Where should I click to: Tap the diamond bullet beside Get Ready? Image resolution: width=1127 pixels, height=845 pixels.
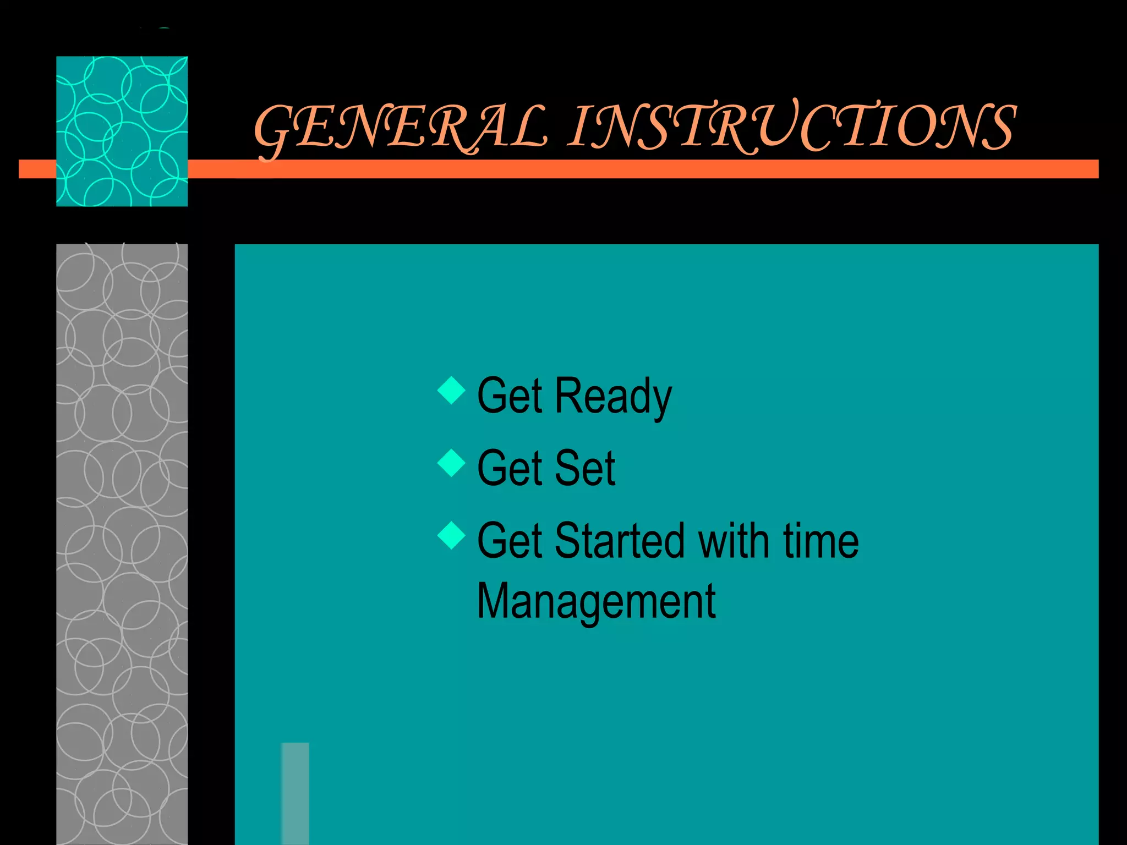tap(451, 390)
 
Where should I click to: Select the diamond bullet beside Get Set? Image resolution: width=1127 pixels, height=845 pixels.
tap(451, 463)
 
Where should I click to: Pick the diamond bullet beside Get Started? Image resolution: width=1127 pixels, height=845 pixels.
tap(451, 535)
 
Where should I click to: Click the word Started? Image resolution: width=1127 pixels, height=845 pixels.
tap(620, 541)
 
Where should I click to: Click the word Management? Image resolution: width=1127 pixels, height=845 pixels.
tap(596, 602)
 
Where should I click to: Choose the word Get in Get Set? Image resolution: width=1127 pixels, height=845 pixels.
tap(510, 469)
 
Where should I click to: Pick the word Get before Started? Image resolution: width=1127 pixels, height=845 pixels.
tap(510, 541)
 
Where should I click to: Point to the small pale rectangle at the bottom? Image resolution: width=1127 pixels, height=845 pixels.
tap(295, 793)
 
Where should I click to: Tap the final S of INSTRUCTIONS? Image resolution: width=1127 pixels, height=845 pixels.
tap(997, 128)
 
